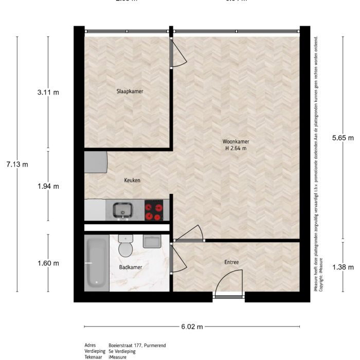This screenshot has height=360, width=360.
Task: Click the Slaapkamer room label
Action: pyautogui.click(x=129, y=92)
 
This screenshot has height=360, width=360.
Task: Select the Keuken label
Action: pyautogui.click(x=132, y=181)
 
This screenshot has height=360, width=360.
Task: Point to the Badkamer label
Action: pyautogui.click(x=130, y=267)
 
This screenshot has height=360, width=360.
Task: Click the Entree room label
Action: pyautogui.click(x=231, y=262)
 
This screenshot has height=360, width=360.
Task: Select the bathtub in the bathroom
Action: pyautogui.click(x=96, y=263)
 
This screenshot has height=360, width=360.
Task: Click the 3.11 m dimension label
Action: pyautogui.click(x=48, y=93)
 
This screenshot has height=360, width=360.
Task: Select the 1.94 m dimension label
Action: pyautogui.click(x=48, y=186)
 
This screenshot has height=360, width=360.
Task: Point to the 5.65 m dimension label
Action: pyautogui.click(x=343, y=138)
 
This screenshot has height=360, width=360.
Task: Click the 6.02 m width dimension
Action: pyautogui.click(x=192, y=327)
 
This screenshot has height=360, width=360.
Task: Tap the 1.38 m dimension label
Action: pyautogui.click(x=343, y=267)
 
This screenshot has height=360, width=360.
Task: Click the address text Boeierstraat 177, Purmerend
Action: pyautogui.click(x=137, y=346)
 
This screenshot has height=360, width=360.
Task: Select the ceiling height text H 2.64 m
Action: pyautogui.click(x=236, y=149)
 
